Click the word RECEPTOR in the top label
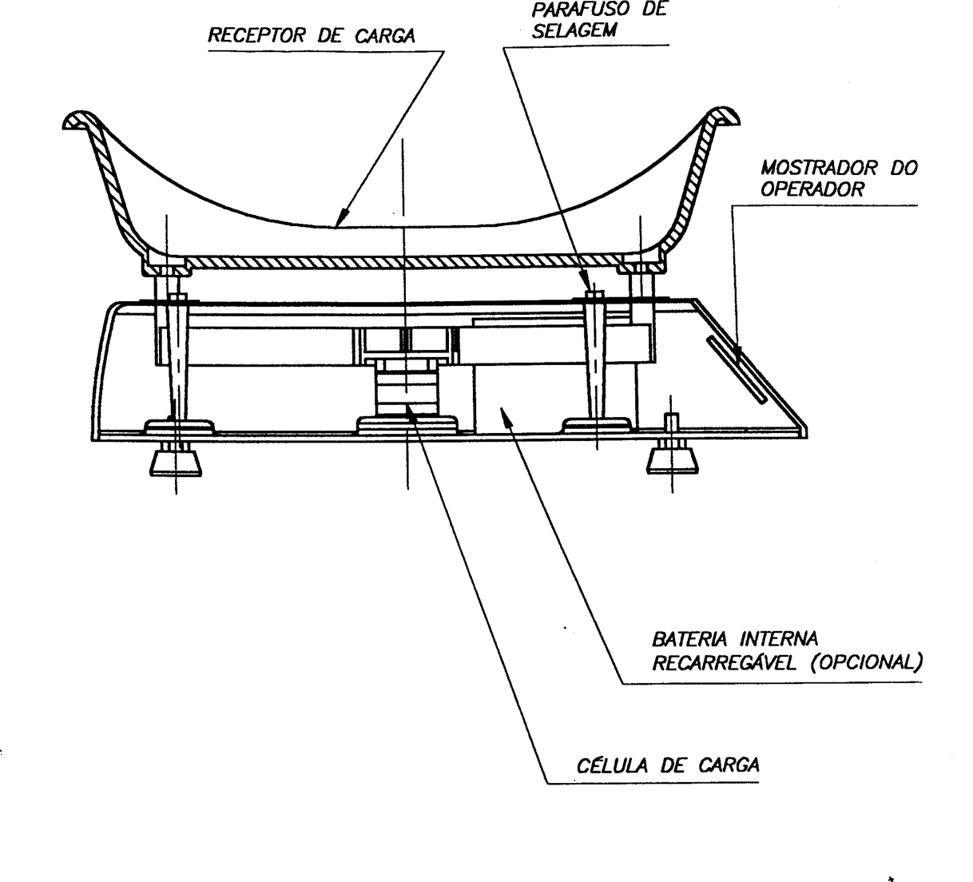(257, 35)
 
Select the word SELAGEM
(574, 30)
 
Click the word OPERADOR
(812, 189)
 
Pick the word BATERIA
(689, 639)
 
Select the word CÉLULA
(612, 765)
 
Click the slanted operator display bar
(737, 370)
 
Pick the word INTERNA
(779, 639)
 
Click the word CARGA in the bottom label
(728, 765)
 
